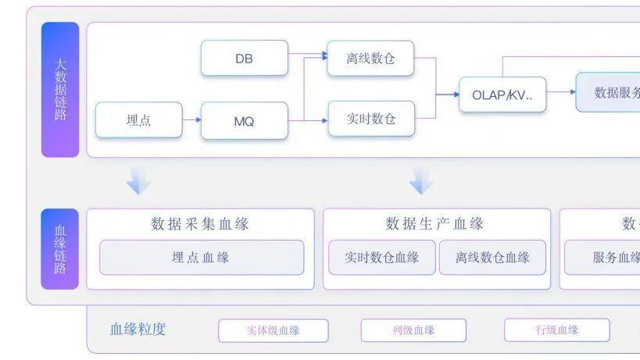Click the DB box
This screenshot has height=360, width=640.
click(244, 59)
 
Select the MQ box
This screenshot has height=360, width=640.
click(244, 121)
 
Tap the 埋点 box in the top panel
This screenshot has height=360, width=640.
click(138, 120)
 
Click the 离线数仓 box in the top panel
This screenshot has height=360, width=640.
click(370, 59)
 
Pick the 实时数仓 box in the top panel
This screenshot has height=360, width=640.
click(370, 119)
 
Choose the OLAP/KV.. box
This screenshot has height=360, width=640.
click(502, 94)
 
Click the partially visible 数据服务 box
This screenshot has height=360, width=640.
click(609, 92)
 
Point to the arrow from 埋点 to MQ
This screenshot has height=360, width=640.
click(191, 120)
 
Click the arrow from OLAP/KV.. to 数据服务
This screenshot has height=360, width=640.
click(560, 91)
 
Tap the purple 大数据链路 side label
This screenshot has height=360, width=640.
click(60, 89)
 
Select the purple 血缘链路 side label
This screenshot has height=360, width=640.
click(60, 249)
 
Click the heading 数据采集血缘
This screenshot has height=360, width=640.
click(200, 224)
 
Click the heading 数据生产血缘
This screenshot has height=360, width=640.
click(434, 224)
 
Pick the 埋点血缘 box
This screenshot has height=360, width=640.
click(201, 258)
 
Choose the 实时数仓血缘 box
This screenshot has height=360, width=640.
click(381, 258)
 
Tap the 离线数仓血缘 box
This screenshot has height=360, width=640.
click(492, 258)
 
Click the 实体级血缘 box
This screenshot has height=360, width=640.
click(273, 330)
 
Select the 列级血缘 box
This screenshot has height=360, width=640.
click(413, 330)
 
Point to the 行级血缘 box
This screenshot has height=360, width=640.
click(556, 330)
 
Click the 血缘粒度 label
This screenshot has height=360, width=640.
click(138, 330)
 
